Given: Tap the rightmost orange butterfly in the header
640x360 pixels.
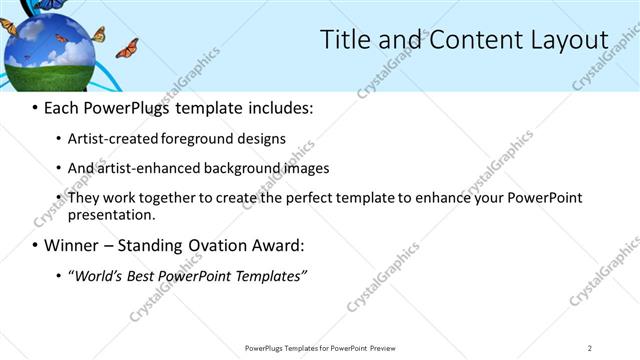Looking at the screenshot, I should click(127, 48).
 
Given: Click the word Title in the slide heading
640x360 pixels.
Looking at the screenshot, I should click(343, 40).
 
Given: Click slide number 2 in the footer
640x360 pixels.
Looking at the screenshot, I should click(589, 347).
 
